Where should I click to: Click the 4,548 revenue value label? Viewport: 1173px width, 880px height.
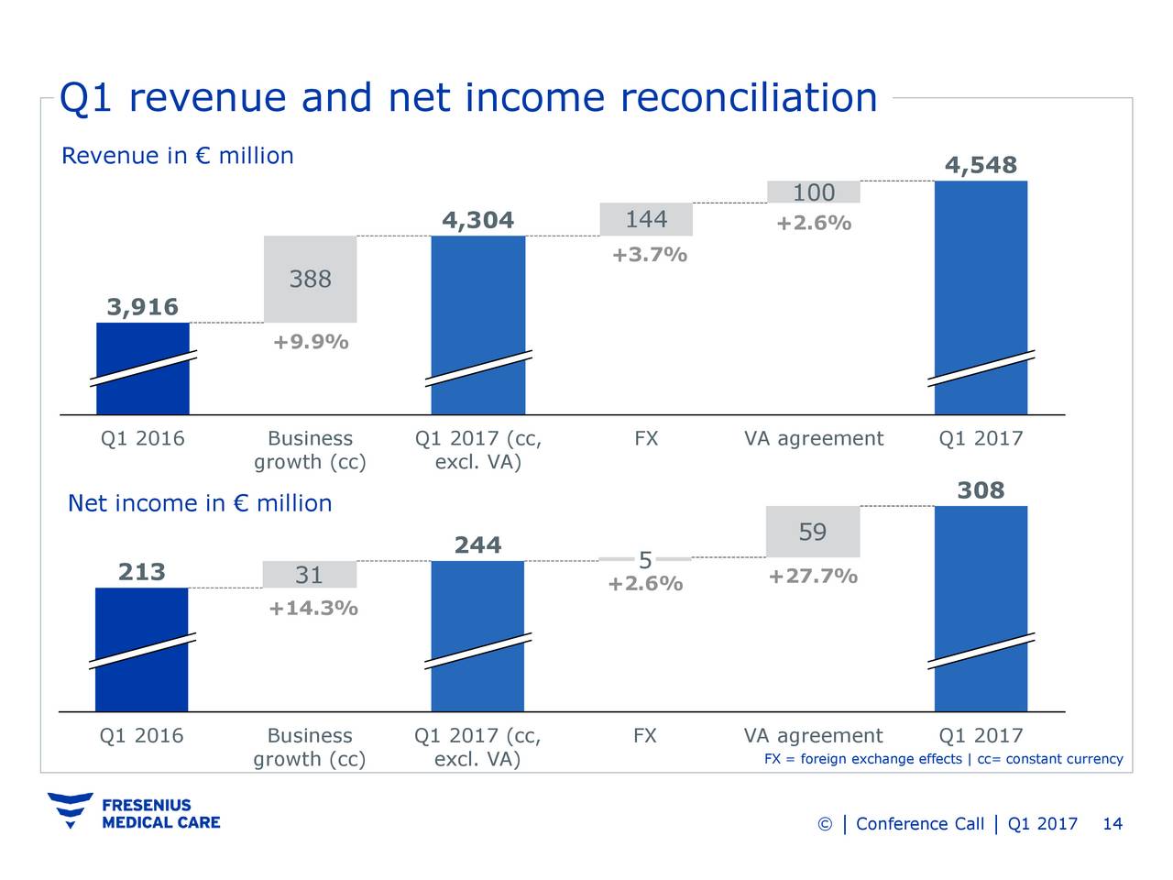(x=981, y=166)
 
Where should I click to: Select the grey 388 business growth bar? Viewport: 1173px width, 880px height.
(x=310, y=279)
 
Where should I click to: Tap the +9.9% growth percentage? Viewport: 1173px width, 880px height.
(x=310, y=343)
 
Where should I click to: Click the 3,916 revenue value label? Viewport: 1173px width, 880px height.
(x=143, y=307)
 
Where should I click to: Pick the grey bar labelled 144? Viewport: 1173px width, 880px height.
(x=646, y=220)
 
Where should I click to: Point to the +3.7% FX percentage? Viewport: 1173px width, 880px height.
(x=649, y=255)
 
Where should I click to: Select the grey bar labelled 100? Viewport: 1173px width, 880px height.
(x=814, y=192)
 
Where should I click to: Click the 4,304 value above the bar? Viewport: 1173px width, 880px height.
(x=477, y=221)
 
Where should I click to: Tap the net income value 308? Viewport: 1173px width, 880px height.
(x=981, y=491)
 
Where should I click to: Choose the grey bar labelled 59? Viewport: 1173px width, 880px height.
(x=813, y=533)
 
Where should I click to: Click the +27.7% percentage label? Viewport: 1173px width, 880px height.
(x=813, y=577)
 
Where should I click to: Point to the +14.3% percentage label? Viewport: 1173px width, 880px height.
(x=312, y=610)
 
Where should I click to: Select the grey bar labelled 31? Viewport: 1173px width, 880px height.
(x=309, y=575)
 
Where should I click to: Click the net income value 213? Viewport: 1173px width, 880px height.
(x=142, y=573)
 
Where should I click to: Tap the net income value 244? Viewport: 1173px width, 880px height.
(x=477, y=546)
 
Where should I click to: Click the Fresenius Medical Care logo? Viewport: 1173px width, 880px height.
(x=134, y=811)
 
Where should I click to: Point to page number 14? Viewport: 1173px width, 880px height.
(x=1112, y=824)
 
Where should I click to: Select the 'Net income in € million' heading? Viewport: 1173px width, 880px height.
(x=200, y=503)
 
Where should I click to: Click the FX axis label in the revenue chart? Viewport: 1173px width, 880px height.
(x=646, y=439)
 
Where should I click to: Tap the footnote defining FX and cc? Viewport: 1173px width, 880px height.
(x=943, y=759)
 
